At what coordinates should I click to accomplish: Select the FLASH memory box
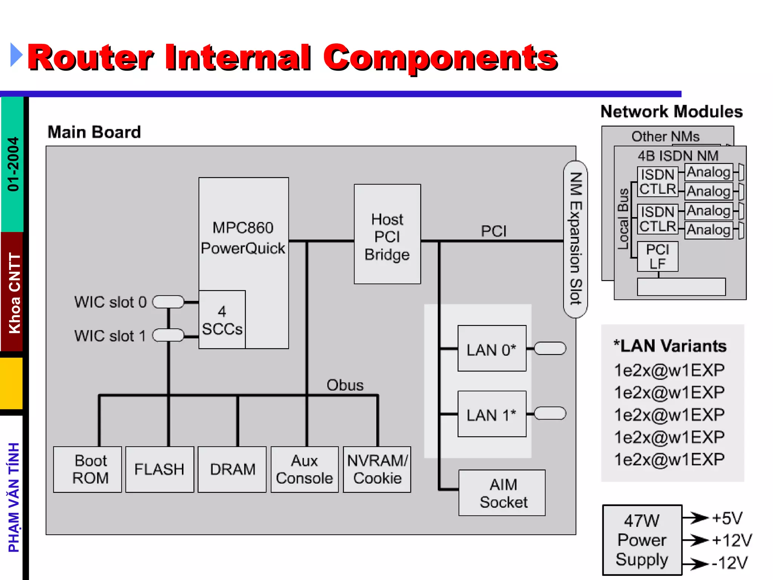159,469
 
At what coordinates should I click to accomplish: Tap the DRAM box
232,469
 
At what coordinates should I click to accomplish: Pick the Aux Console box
305,469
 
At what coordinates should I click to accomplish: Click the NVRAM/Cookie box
377,469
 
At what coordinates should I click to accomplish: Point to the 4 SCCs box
222,319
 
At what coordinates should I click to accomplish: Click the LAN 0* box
491,349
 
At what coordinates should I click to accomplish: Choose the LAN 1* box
491,414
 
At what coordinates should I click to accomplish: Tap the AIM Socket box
502,493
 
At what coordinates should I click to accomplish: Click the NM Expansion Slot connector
575,239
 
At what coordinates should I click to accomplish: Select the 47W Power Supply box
642,540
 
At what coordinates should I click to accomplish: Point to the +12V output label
731,540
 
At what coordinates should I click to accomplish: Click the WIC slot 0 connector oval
168,302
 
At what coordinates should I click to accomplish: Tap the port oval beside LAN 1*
550,413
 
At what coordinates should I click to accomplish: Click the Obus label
345,385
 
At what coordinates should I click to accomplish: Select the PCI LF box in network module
658,256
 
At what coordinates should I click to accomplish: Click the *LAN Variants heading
670,346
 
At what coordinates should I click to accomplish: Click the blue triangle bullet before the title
16,55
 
